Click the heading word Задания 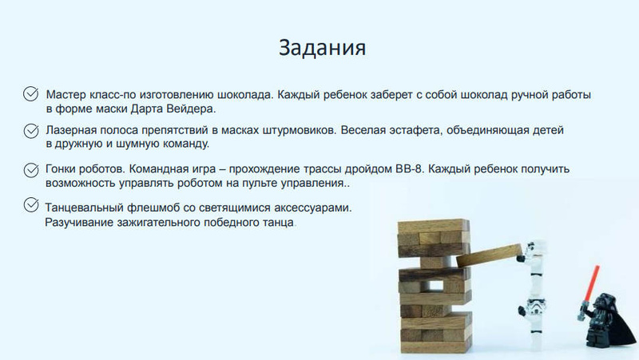coord(322,48)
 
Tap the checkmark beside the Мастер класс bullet coord(31,93)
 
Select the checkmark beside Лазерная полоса coord(31,131)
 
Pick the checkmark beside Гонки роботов coord(31,170)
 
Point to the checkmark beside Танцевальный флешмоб coord(31,204)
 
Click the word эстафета coord(415,130)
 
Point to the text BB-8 coord(409,168)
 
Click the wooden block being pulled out coord(489,255)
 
